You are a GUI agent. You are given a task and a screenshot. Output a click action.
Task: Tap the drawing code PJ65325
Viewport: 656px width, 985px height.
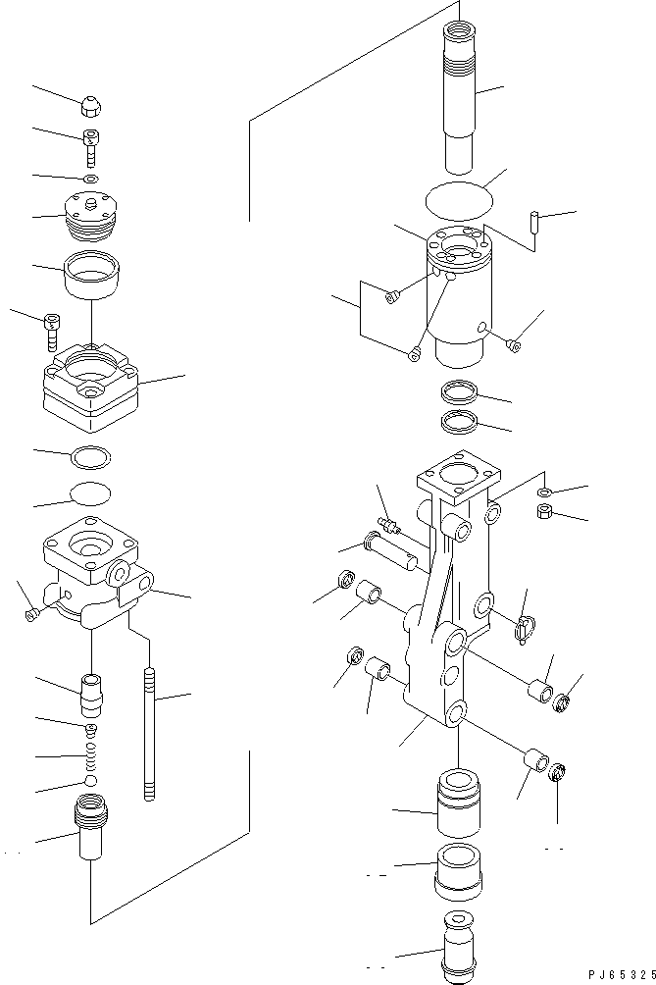[619, 974]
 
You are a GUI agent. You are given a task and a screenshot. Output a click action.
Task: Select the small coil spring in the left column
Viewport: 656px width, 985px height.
[90, 757]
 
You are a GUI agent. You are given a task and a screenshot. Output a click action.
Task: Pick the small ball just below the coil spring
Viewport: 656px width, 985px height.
[90, 781]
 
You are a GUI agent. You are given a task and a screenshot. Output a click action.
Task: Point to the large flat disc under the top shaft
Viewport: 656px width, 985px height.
[458, 200]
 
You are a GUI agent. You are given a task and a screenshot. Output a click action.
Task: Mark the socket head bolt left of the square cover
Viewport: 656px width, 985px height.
[52, 331]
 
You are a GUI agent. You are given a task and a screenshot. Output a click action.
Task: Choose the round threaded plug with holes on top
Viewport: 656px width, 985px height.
[89, 216]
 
